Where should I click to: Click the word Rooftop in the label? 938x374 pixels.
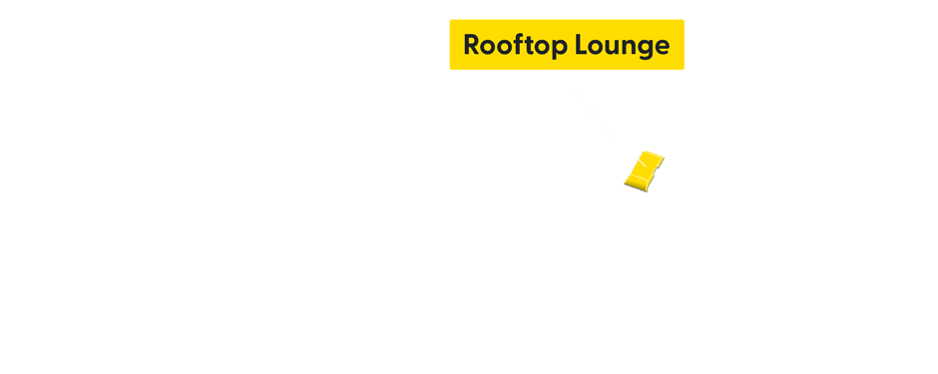coord(510,45)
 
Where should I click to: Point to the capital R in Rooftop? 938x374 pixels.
coord(472,45)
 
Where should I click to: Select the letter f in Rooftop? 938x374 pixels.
coord(516,45)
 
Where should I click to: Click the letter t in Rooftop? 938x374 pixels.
coord(526,45)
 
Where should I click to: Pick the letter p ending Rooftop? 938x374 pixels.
coord(555,47)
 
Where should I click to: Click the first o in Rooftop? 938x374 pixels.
coord(488,46)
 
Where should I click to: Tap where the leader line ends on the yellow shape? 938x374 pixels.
coord(639,160)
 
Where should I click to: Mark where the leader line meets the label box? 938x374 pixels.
coord(550,71)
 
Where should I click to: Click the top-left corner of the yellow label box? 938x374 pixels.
coord(450,20)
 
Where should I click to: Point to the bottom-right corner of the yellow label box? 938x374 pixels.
coord(684,70)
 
